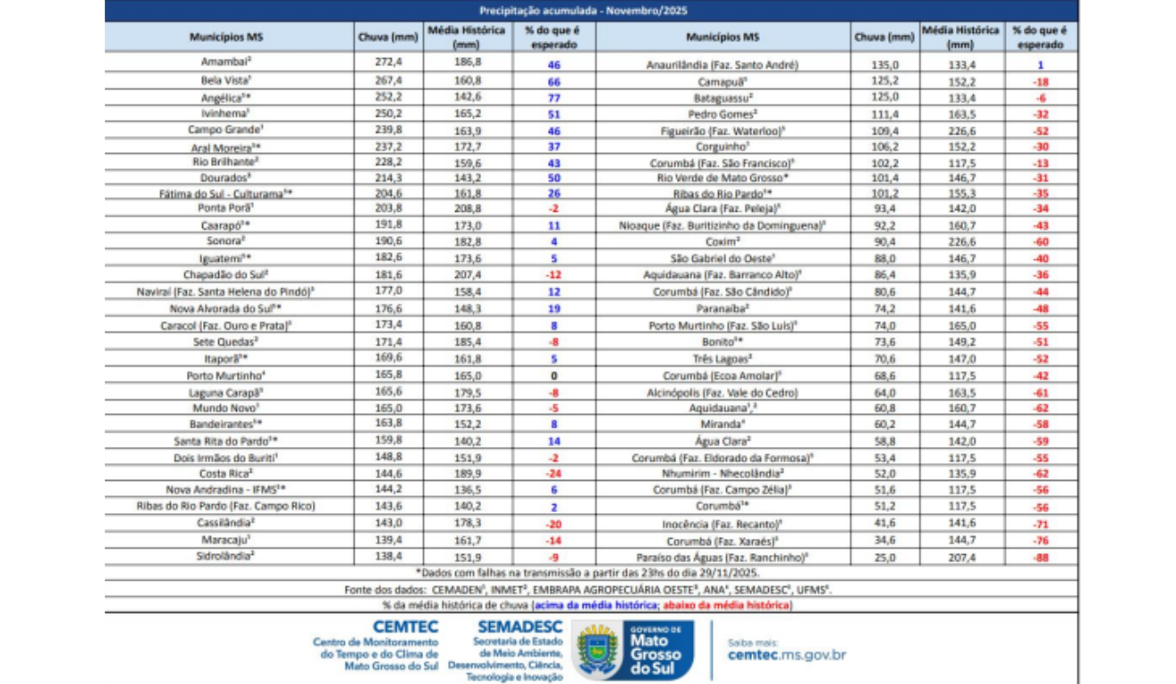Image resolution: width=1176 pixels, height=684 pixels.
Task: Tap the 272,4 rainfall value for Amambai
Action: (x=388, y=64)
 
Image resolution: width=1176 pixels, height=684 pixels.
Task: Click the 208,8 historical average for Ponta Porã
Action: (x=467, y=209)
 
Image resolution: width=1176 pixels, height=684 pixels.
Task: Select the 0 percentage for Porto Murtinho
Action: (x=554, y=376)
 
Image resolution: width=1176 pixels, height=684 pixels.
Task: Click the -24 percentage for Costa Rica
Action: (x=553, y=473)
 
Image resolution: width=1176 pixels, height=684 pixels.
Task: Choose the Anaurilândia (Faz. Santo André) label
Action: (x=722, y=64)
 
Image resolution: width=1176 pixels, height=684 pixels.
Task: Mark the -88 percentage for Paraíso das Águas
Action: (x=1041, y=557)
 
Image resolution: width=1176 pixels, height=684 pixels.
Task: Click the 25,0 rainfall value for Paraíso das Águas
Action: (x=884, y=557)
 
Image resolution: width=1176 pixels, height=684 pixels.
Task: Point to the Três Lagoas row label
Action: (x=722, y=359)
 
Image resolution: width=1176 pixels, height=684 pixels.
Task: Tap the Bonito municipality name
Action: (x=722, y=342)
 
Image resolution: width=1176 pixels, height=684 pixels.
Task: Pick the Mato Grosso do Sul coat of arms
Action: (x=596, y=650)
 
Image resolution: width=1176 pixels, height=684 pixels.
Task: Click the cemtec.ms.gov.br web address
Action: (x=786, y=655)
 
